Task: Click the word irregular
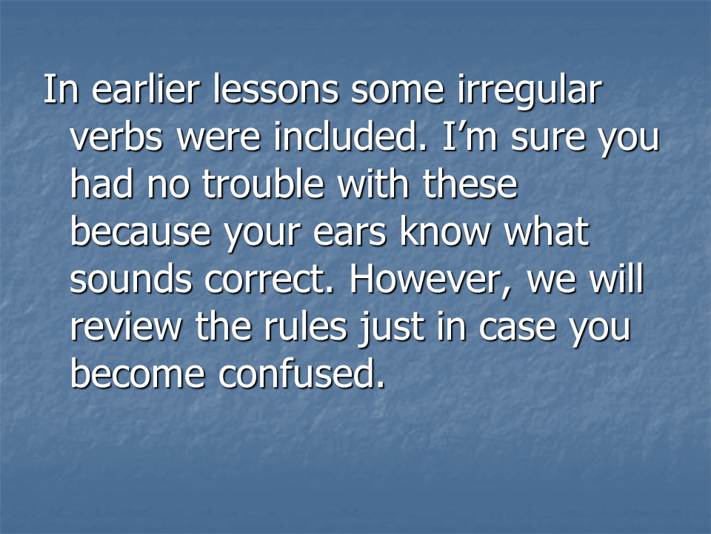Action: tap(529, 91)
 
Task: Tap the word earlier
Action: tap(146, 88)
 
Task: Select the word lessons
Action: tap(276, 88)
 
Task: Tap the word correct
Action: tap(269, 280)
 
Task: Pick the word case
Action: tap(517, 329)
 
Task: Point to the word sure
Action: tap(548, 139)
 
